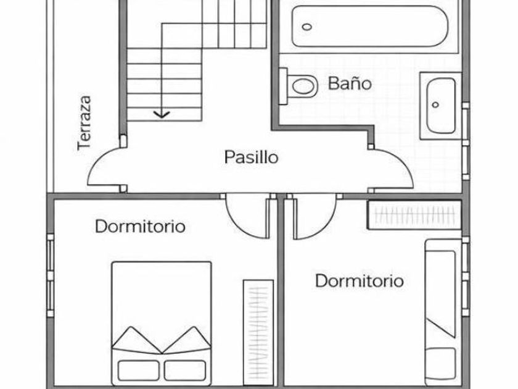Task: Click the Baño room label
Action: coord(350,83)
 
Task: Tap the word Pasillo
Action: coord(250,157)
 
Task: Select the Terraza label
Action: coord(84,122)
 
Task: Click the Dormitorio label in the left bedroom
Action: coord(140,227)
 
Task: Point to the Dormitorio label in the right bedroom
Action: coord(360,281)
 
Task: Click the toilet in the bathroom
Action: coord(300,85)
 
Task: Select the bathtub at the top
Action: coord(368,27)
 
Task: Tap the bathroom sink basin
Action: coord(440,104)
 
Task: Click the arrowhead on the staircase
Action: coord(162,114)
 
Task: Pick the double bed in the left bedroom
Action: coord(162,321)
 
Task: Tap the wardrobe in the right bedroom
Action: coord(414,215)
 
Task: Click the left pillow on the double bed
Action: coord(139,370)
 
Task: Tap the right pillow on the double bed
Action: coord(185,370)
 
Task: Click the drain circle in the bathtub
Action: coord(308,27)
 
